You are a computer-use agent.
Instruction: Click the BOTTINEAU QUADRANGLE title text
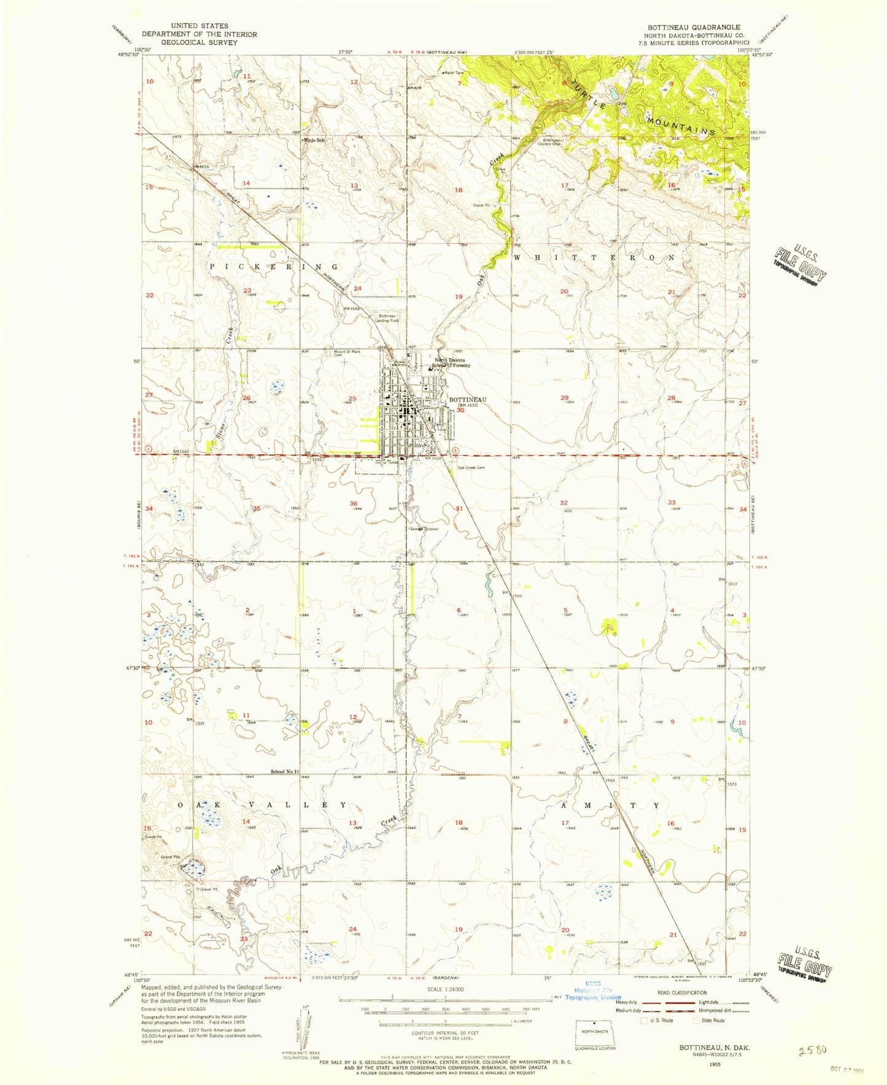(694, 28)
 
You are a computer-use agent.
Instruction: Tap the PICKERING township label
(274, 267)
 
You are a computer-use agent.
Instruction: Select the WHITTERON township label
(594, 258)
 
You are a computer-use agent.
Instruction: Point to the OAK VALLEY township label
(263, 805)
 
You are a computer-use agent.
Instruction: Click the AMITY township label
(610, 805)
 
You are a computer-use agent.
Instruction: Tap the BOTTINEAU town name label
(468, 400)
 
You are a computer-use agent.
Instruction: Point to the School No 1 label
(284, 771)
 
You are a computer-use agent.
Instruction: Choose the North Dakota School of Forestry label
(452, 363)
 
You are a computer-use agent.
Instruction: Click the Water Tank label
(454, 73)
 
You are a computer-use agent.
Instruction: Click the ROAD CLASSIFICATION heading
(681, 992)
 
